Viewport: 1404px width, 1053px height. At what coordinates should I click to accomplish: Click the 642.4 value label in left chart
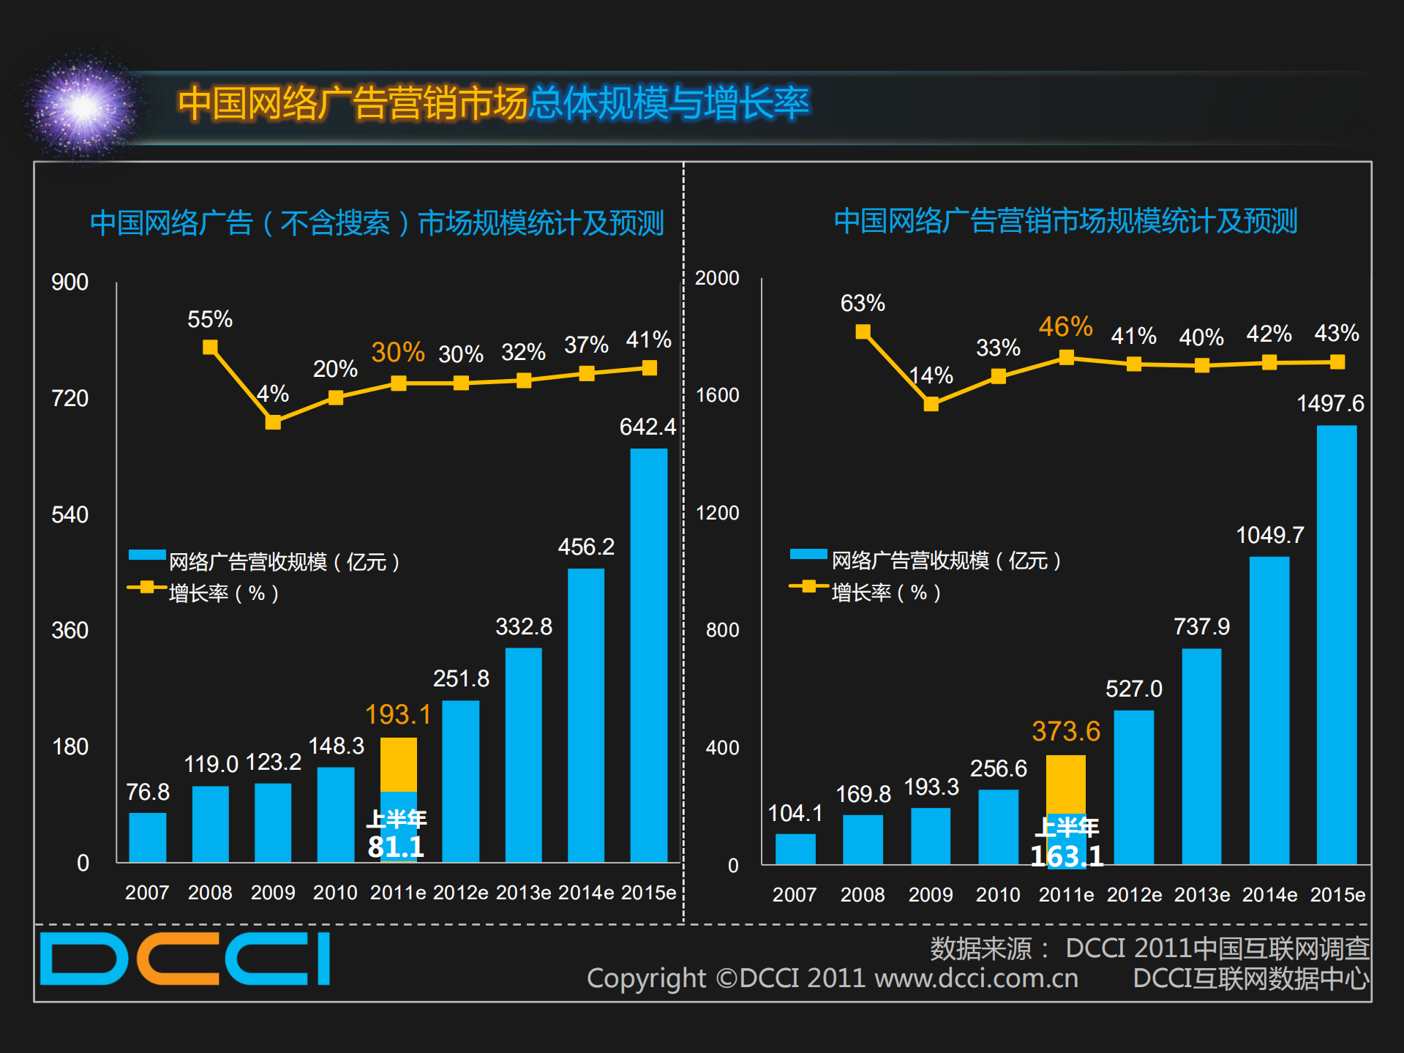coord(647,427)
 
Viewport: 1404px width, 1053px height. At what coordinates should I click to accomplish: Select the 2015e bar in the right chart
coord(1337,644)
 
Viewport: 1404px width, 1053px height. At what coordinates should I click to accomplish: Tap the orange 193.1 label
coord(398,714)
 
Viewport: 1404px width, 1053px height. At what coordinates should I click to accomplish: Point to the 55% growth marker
coord(210,347)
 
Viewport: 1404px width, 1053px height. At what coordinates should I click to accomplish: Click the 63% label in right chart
coord(863,303)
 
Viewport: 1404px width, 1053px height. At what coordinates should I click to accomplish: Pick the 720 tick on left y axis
coord(70,398)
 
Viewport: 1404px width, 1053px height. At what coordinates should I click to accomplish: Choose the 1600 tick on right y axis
coord(717,395)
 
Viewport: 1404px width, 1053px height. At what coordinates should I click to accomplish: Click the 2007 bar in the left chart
coord(147,837)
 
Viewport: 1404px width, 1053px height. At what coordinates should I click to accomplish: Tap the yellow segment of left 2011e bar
coord(399,764)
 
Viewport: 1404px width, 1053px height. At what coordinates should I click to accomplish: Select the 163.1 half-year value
coord(1067,856)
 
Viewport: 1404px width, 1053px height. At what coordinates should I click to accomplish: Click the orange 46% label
coord(1065,326)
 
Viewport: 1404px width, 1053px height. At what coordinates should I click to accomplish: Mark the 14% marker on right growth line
coord(931,404)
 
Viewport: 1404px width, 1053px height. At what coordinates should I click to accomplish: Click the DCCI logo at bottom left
coord(184,958)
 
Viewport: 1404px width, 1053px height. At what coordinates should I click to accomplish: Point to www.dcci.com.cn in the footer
coord(976,978)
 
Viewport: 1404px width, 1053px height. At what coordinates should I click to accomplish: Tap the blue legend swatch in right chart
coord(808,555)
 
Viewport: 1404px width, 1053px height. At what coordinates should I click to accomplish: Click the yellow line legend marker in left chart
coord(146,587)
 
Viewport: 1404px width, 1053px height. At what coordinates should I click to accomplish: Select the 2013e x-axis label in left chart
coord(523,893)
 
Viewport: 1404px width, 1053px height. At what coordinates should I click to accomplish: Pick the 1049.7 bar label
coord(1269,535)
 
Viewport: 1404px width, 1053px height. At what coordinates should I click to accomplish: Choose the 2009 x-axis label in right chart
coord(930,894)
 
